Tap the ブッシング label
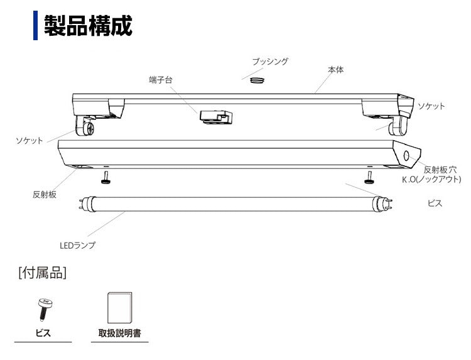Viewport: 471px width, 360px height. [270, 62]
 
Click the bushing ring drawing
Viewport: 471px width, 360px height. [256, 80]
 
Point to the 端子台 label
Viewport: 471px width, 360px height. [161, 80]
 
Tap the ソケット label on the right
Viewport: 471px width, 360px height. [431, 106]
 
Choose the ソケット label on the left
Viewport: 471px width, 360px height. [30, 141]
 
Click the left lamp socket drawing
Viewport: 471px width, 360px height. [85, 127]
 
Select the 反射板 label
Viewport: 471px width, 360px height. [45, 194]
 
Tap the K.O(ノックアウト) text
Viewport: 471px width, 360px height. [427, 179]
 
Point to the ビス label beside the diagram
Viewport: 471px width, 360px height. [435, 204]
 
